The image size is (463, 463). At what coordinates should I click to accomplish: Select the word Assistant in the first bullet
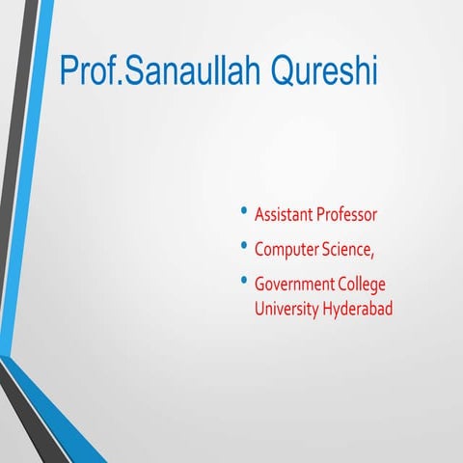pyautogui.click(x=286, y=214)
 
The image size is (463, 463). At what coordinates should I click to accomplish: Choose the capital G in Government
pyautogui.click(x=259, y=285)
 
